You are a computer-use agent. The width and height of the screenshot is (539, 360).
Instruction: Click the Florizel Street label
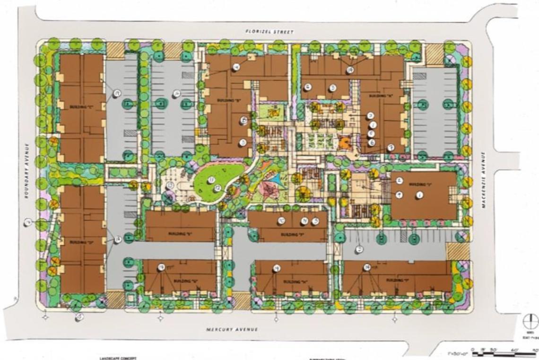pyautogui.click(x=269, y=32)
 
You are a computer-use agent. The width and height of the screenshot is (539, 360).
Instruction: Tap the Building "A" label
pyautogui.click(x=377, y=96)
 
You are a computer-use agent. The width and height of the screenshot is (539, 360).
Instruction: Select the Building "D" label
pyautogui.click(x=78, y=242)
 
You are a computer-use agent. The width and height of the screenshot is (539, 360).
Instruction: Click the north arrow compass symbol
pyautogui.click(x=530, y=322)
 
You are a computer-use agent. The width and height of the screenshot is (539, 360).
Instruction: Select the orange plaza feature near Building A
pyautogui.click(x=345, y=142)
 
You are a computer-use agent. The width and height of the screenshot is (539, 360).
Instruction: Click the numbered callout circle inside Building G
pyautogui.click(x=161, y=268)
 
